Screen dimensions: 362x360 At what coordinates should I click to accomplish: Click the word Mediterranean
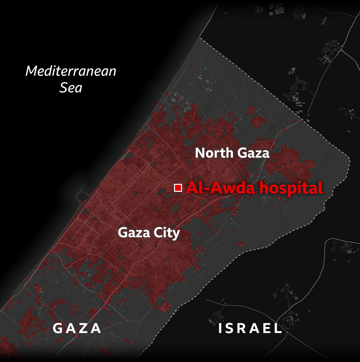point(71,71)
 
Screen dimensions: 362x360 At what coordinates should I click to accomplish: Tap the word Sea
point(71,88)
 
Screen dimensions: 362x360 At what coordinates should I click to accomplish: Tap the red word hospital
point(291,188)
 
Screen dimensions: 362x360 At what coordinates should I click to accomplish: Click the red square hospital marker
point(178,188)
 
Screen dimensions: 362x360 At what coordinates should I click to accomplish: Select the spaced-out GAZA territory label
point(77,328)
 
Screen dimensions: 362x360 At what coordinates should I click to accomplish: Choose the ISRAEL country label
point(250,328)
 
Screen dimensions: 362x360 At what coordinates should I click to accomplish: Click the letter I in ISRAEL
point(220,328)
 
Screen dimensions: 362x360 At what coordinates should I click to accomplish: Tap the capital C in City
point(155,233)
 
